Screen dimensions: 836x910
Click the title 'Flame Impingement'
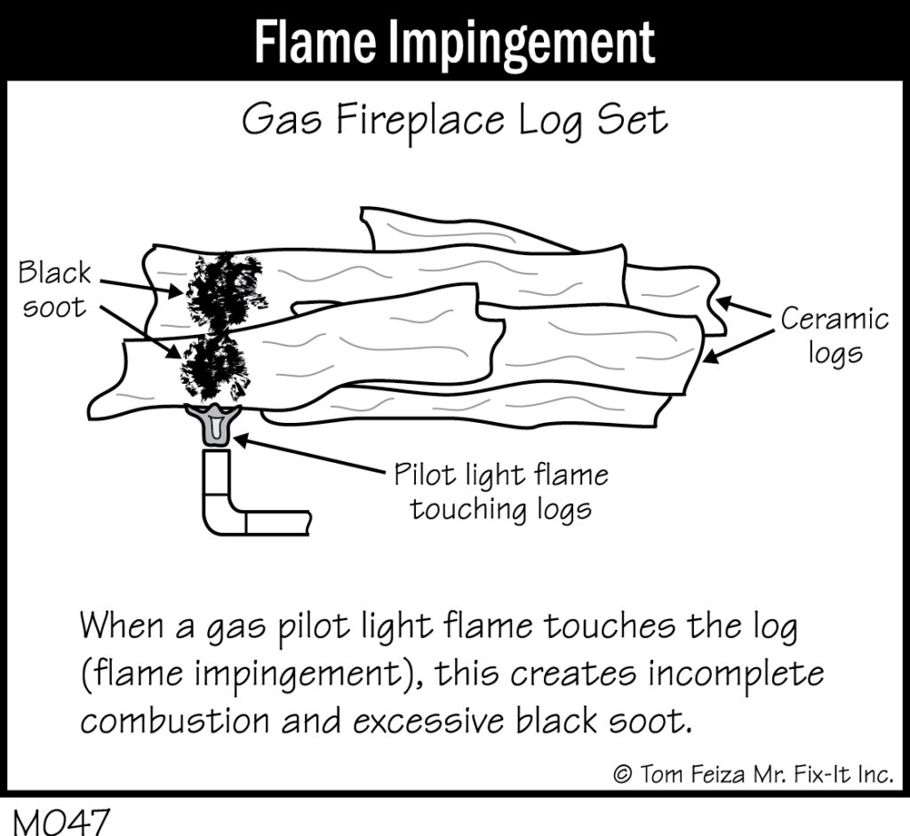(x=454, y=40)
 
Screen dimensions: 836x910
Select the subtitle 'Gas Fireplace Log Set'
(x=454, y=122)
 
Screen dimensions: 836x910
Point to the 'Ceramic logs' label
(x=834, y=336)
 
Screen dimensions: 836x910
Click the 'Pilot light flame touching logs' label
(x=501, y=492)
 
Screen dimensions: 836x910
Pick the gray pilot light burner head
(x=213, y=425)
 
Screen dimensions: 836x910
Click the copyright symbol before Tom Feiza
(x=622, y=774)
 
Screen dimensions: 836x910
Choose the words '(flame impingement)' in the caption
(x=237, y=674)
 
